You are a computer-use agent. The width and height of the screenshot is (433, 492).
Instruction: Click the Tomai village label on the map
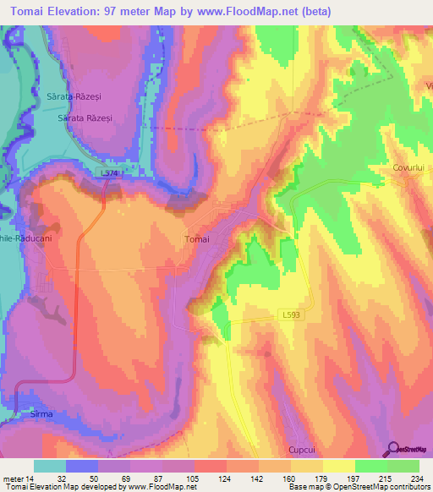pos(196,239)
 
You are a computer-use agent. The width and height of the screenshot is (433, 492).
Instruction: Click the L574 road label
pos(108,173)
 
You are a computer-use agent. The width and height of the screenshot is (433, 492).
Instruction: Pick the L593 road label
pos(290,314)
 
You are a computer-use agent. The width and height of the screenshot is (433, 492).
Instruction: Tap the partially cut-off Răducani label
pos(21,238)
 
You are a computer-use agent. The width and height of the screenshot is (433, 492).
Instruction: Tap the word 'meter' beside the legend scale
pos(13,478)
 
